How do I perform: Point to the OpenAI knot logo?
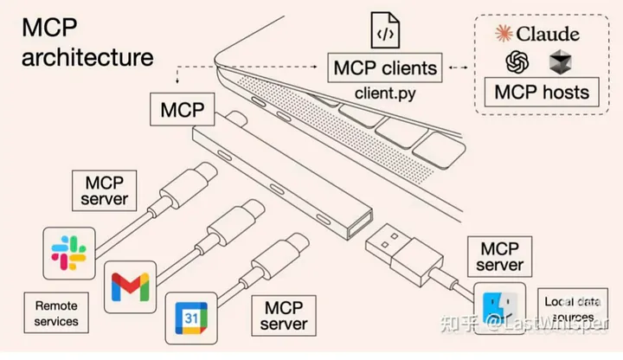click(518, 62)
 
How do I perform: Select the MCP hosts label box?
click(542, 92)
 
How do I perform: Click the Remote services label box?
click(56, 313)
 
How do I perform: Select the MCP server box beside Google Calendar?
click(284, 315)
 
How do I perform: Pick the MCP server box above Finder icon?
click(500, 254)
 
